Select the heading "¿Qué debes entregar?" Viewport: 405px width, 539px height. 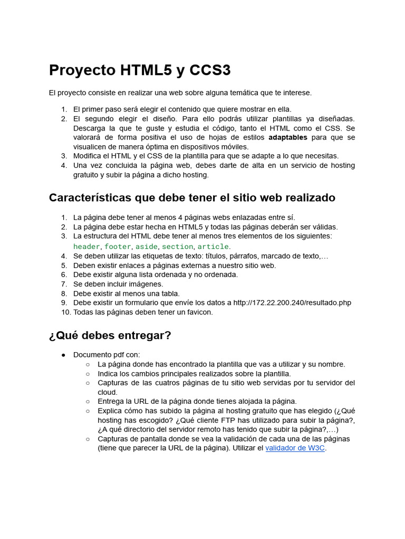[110, 335]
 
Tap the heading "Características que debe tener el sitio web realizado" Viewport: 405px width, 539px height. [192, 197]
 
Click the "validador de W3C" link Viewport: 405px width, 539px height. [295, 448]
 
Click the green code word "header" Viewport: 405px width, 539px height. [86, 246]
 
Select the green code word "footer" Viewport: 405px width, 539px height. [118, 246]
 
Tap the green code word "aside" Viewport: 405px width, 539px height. [146, 246]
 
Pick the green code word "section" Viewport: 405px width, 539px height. [177, 246]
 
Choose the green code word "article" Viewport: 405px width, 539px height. [213, 246]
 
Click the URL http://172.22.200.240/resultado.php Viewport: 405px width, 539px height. [292, 303]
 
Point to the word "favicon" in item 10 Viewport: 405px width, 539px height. [196, 312]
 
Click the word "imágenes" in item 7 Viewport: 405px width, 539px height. [146, 284]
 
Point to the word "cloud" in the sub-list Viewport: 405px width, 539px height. [107, 392]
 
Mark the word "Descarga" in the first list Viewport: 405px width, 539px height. [90, 128]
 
